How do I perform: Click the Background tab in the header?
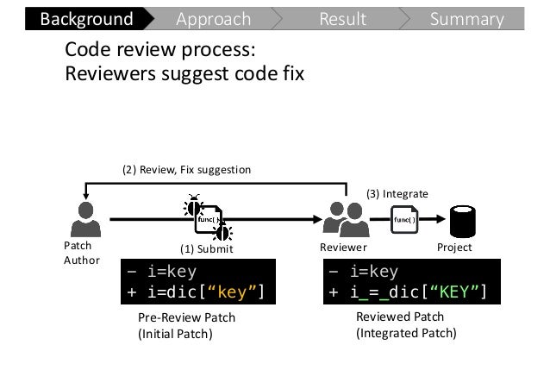(x=87, y=19)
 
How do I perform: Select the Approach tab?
(x=214, y=19)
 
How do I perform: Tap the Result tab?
(x=343, y=19)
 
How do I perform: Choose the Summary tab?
(x=467, y=19)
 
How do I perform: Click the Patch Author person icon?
(x=86, y=219)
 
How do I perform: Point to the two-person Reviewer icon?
(x=346, y=219)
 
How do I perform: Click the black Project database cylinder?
(x=463, y=222)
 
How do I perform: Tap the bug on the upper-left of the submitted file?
(x=193, y=205)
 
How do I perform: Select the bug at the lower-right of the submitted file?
(x=222, y=232)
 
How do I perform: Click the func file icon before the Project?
(x=404, y=220)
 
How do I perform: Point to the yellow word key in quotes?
(x=232, y=292)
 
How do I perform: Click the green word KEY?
(x=454, y=292)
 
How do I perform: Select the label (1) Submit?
(x=207, y=249)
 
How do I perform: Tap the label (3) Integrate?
(x=397, y=194)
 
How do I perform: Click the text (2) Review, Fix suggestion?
(x=186, y=170)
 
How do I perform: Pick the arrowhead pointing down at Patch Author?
(x=85, y=196)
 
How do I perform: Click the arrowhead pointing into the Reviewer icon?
(x=317, y=219)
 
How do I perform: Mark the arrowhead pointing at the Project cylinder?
(x=441, y=219)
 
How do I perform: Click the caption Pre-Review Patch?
(x=186, y=317)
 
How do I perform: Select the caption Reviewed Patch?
(x=400, y=317)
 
